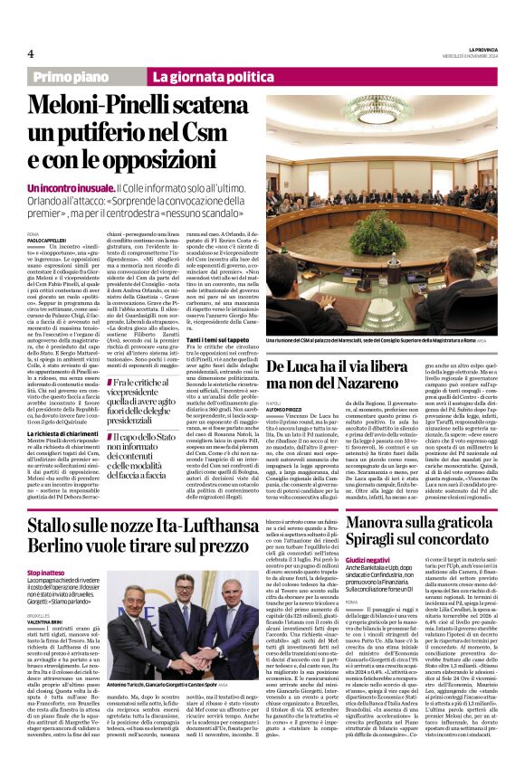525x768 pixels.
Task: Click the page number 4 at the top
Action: click(30, 52)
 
